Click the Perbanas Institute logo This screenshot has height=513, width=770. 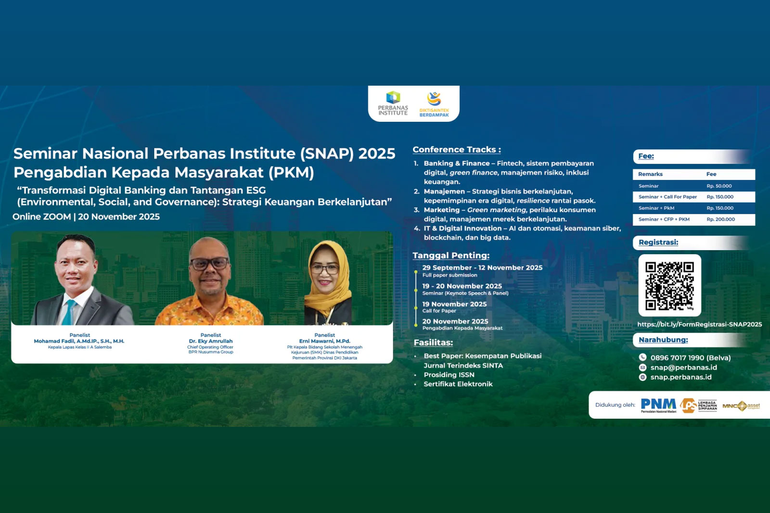pyautogui.click(x=393, y=103)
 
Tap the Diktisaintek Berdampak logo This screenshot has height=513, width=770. pyautogui.click(x=434, y=104)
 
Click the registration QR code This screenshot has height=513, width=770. pyautogui.click(x=669, y=285)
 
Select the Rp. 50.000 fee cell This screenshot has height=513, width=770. pyautogui.click(x=719, y=186)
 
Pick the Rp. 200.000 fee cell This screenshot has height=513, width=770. pyautogui.click(x=720, y=219)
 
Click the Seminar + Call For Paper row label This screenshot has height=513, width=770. pyautogui.click(x=667, y=197)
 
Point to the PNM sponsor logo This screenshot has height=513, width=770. pyautogui.click(x=658, y=405)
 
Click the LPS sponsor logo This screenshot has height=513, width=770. pyautogui.click(x=699, y=405)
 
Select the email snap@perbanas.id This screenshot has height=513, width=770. pyautogui.click(x=683, y=368)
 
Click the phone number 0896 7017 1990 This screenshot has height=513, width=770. pyautogui.click(x=690, y=358)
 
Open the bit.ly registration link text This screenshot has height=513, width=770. pyautogui.click(x=699, y=324)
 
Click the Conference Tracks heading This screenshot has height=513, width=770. pyautogui.click(x=456, y=150)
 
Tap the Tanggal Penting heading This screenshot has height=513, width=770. pyautogui.click(x=451, y=256)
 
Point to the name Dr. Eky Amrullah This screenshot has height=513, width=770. pyautogui.click(x=211, y=341)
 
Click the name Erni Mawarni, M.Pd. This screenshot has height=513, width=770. pyautogui.click(x=325, y=341)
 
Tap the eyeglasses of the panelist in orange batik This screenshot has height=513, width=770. pyautogui.click(x=210, y=264)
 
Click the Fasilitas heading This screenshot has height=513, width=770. pyautogui.click(x=433, y=343)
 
